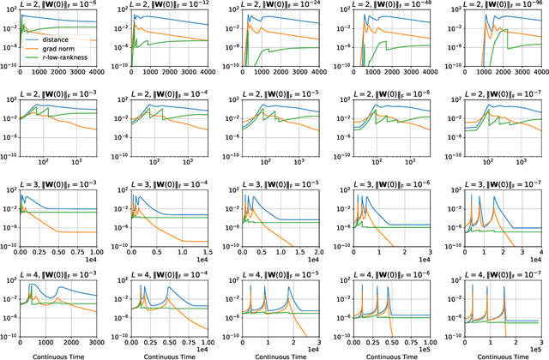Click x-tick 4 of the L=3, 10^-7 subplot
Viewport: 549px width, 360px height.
[538, 251]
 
